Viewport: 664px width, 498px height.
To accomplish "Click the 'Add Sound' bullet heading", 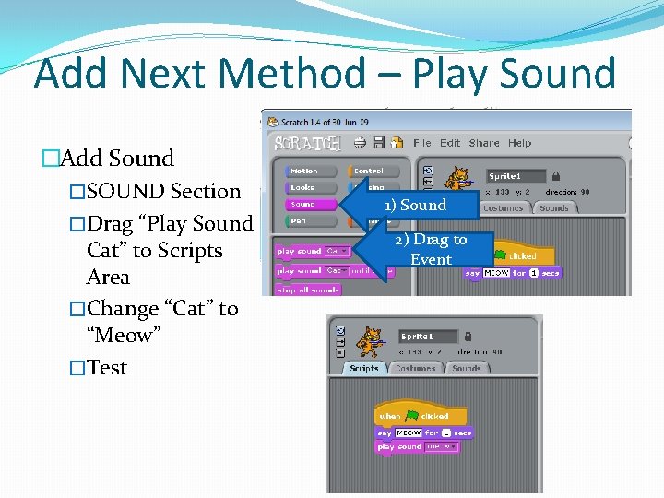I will (115, 159).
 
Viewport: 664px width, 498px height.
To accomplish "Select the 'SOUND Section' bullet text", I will (163, 192).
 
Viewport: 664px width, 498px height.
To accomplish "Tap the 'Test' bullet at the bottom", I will (107, 367).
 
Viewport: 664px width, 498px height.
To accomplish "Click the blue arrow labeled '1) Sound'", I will (415, 205).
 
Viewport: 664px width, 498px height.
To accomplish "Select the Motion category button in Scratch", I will (304, 172).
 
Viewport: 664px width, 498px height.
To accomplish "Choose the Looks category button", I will (302, 187).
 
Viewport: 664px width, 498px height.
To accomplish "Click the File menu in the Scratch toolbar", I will (421, 143).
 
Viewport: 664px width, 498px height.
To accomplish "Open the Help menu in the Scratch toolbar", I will (519, 143).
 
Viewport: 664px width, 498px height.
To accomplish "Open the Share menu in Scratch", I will (484, 143).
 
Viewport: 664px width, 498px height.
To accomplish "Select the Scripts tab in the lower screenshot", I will (364, 368).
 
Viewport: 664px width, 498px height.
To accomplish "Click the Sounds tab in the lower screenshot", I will (467, 368).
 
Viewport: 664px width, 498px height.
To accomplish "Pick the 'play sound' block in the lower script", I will (398, 446).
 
